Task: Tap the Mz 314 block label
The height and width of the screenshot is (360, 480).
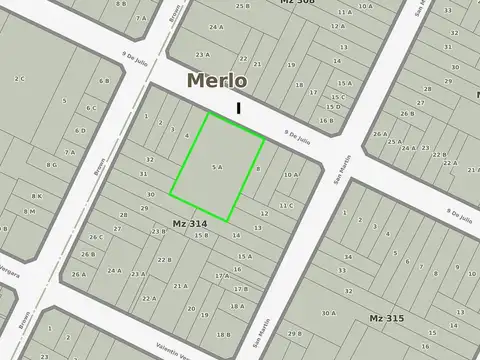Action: [x=189, y=223]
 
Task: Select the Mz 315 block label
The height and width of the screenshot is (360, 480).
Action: [x=386, y=318]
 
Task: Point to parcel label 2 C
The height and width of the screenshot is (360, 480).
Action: [x=19, y=78]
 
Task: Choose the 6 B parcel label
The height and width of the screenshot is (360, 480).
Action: [x=104, y=81]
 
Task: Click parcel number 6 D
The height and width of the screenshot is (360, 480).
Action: [x=80, y=131]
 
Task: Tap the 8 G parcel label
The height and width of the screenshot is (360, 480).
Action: [x=50, y=166]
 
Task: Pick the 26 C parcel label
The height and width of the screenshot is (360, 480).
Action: [x=95, y=237]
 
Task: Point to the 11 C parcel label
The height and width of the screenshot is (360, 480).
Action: [x=285, y=205]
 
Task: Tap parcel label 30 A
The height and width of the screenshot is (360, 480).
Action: [x=328, y=313]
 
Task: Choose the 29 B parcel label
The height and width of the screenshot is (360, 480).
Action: [x=294, y=333]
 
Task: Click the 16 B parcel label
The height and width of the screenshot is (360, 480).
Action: [x=326, y=120]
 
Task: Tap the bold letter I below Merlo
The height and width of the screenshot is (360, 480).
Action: [x=238, y=106]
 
